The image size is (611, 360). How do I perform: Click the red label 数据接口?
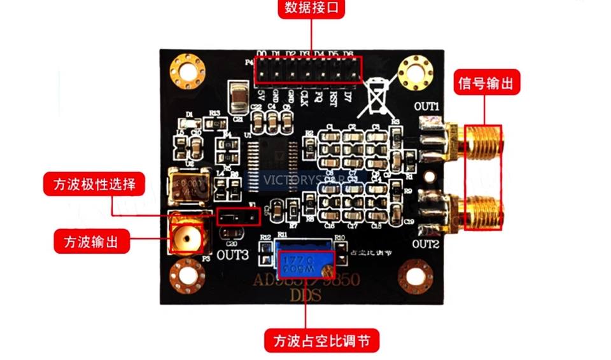coord(310,8)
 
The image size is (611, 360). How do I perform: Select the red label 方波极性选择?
coord(94,184)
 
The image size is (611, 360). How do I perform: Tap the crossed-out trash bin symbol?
coord(377,97)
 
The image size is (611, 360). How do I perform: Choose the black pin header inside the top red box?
coord(307,70)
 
